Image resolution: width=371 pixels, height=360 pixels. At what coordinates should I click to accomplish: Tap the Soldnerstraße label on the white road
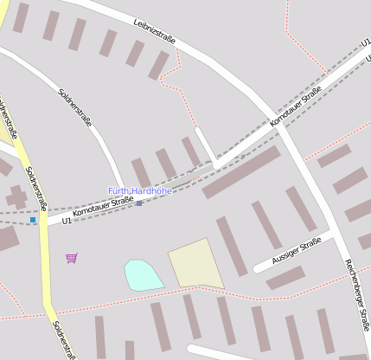click(74, 108)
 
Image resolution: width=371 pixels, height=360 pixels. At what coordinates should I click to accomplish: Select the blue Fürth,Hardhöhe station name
click(140, 190)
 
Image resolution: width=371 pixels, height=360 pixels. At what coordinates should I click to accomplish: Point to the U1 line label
click(67, 221)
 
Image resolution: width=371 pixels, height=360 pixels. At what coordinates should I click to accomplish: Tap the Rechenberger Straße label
click(356, 289)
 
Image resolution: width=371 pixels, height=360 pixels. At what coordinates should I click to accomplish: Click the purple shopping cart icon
click(71, 258)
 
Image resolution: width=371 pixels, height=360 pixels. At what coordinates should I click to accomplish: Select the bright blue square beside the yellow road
click(33, 220)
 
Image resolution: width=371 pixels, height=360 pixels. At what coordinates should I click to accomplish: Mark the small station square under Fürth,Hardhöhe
click(139, 202)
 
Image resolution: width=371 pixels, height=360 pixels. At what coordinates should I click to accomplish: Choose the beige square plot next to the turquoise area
click(195, 264)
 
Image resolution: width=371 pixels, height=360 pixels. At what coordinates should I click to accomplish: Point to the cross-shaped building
click(16, 197)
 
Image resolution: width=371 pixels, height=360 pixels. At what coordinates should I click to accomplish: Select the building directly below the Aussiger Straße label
click(285, 278)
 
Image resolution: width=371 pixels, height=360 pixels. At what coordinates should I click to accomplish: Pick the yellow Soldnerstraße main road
click(46, 277)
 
